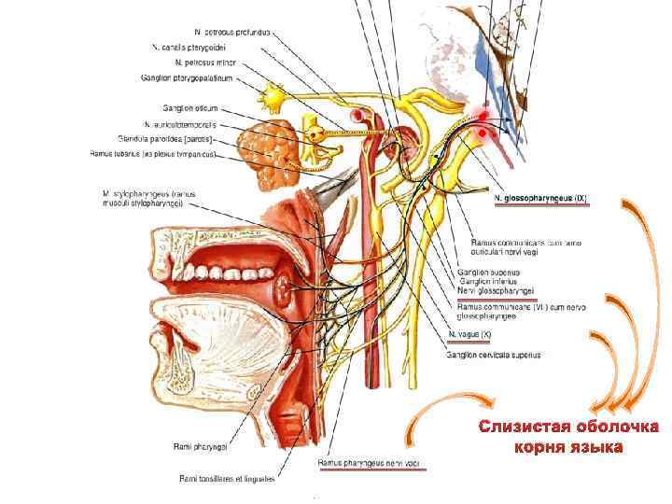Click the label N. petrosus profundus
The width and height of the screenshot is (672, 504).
coord(233,31)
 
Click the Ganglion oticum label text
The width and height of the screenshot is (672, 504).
coord(190,108)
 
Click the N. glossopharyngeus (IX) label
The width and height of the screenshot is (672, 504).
coord(540,199)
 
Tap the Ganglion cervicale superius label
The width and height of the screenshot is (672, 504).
coord(494,355)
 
